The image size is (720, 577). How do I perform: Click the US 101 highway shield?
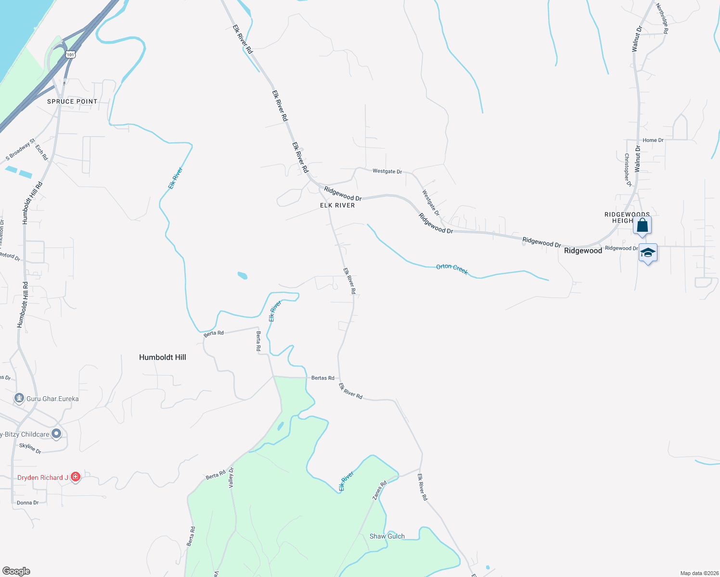pos(71,54)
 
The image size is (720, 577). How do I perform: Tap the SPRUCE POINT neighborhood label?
pos(72,101)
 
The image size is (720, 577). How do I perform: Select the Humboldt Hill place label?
pos(162,357)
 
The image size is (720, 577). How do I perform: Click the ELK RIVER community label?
pos(337,205)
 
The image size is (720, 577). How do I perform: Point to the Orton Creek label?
pos(452,269)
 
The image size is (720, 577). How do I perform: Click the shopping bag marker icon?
pos(643,225)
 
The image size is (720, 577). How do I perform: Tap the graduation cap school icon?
pos(648,253)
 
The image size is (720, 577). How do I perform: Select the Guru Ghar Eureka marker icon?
pos(19,398)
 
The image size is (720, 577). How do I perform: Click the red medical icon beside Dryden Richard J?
pos(75,477)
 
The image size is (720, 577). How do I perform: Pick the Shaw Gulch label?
pos(387,536)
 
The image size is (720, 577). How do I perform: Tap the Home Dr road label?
pos(653,140)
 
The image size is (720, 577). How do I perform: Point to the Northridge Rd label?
pos(662,19)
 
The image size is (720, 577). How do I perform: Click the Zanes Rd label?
pos(380,490)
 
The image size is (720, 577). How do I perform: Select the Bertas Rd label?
pos(322,378)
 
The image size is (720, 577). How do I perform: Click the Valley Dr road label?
pos(231,477)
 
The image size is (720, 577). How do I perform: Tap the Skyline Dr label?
pos(30,448)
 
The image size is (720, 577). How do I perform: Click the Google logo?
pos(16,571)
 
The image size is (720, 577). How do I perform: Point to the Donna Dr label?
pos(27,503)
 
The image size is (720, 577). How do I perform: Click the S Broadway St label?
pos(21,150)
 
